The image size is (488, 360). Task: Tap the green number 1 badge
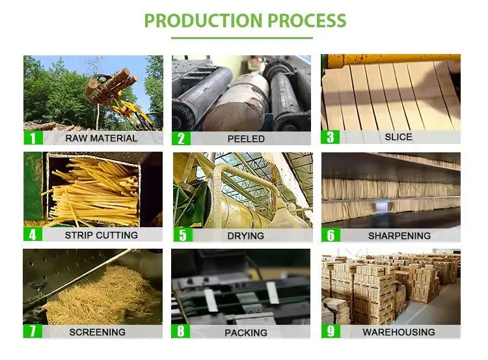(33, 138)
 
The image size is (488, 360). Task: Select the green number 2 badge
(181, 138)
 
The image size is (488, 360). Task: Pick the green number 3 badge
(331, 137)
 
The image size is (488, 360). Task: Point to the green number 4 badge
(33, 234)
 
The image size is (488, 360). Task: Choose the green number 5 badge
(182, 235)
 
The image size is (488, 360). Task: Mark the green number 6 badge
(331, 235)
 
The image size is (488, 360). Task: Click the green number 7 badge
(33, 331)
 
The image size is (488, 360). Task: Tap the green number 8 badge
(181, 331)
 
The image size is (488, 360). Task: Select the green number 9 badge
(331, 331)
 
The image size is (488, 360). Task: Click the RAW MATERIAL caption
(101, 138)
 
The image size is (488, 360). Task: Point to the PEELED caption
(246, 139)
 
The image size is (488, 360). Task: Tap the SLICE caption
(398, 137)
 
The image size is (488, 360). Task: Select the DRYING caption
(246, 236)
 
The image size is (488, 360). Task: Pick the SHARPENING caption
(399, 236)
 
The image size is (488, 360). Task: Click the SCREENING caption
(98, 332)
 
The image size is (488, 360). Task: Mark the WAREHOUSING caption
(399, 332)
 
